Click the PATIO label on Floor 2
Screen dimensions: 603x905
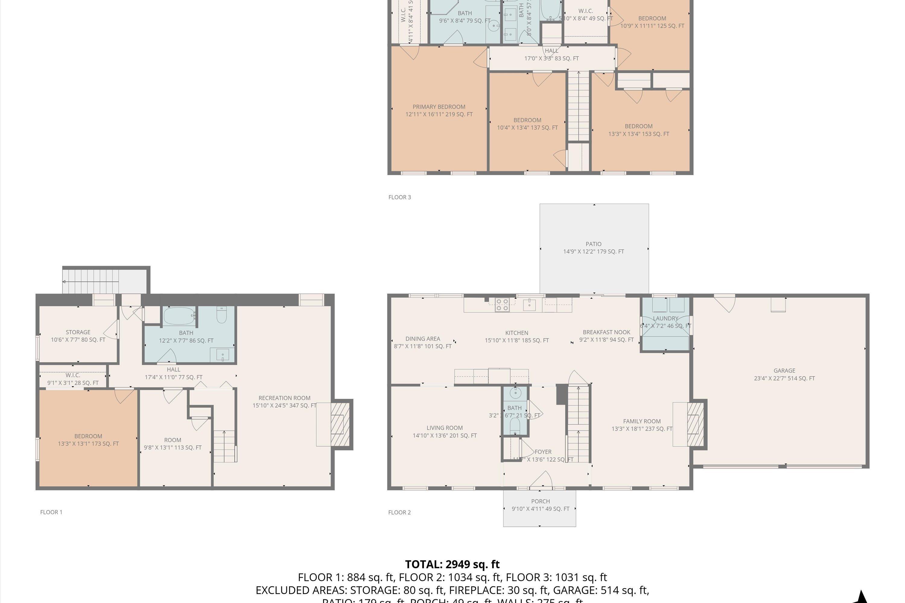point(593,244)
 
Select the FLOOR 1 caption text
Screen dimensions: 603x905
point(51,512)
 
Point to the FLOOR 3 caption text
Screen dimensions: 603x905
point(399,197)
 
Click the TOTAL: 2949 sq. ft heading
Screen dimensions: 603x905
point(452,564)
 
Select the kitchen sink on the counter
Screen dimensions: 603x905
point(529,305)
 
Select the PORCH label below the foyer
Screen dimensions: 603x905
point(540,501)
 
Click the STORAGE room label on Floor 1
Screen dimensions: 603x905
point(78,332)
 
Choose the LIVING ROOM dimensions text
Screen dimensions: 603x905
point(444,436)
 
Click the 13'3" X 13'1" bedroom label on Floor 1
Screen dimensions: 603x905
point(88,440)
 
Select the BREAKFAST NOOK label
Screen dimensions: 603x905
point(606,332)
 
